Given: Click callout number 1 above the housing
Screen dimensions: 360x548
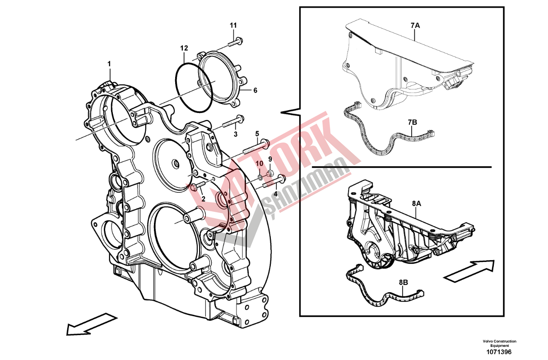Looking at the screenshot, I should pos(109,64).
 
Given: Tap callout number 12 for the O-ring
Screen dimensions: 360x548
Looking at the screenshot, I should pos(184,47).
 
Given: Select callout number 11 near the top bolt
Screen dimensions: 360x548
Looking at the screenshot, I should pos(233,25).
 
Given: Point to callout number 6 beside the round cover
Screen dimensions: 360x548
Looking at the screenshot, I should pos(255,91).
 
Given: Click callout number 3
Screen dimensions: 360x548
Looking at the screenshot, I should pos(235,135).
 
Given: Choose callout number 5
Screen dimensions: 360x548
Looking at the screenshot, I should pos(257,134).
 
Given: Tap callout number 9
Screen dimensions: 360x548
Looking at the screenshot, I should pos(270,159).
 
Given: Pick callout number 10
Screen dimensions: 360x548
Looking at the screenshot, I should pos(260,163).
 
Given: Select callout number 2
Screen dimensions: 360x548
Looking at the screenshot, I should pos(203,198).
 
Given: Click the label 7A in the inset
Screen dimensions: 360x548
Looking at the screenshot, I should pos(415,26).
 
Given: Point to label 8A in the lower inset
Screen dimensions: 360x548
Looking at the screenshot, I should pos(416,204).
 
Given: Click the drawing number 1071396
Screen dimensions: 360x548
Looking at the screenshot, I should pos(499,352).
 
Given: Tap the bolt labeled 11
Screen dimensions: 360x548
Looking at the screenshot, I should pos(235,42).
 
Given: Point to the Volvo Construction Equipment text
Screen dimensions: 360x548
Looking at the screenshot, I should pos(499,343).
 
